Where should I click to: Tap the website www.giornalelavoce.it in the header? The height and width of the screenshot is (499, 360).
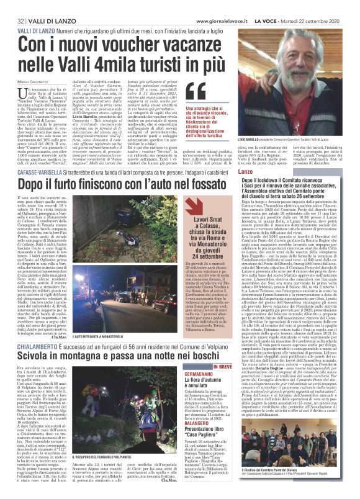(235, 5)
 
